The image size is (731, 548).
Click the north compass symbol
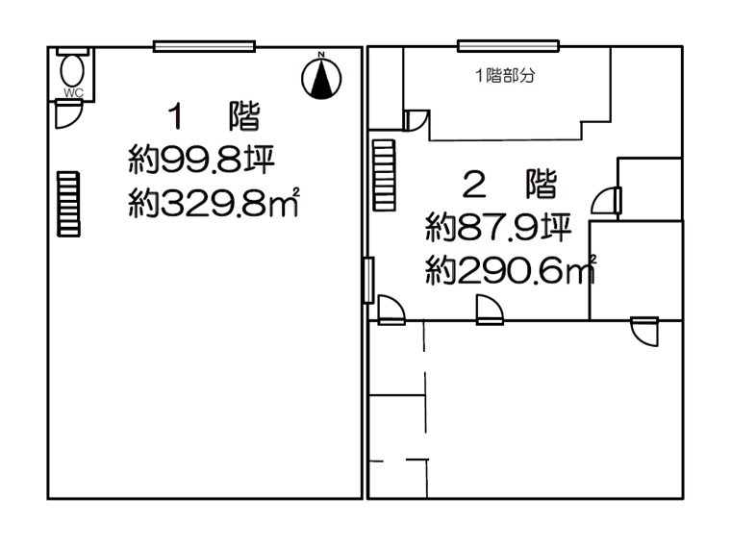point(321,78)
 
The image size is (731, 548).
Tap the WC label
point(74,92)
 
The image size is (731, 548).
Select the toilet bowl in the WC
point(72,71)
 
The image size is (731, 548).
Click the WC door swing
point(68,114)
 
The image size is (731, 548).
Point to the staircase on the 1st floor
point(68,204)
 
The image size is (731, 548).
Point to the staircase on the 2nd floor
point(385,175)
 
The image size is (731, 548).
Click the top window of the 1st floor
point(204,46)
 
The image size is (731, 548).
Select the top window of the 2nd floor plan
point(508,46)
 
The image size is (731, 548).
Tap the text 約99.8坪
point(201,160)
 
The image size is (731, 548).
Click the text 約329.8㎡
point(214,202)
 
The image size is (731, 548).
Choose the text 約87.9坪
point(498,228)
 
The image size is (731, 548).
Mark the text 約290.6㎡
point(511,270)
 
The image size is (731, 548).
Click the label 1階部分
point(505,76)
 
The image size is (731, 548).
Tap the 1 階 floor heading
point(214,116)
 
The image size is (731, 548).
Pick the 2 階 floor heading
point(511,184)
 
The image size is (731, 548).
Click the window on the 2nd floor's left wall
point(368,280)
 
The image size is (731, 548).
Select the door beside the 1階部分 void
point(416,120)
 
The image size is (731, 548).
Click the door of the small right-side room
point(607,200)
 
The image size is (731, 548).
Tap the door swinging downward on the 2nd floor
point(644,332)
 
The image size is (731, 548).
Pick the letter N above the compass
point(321,55)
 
